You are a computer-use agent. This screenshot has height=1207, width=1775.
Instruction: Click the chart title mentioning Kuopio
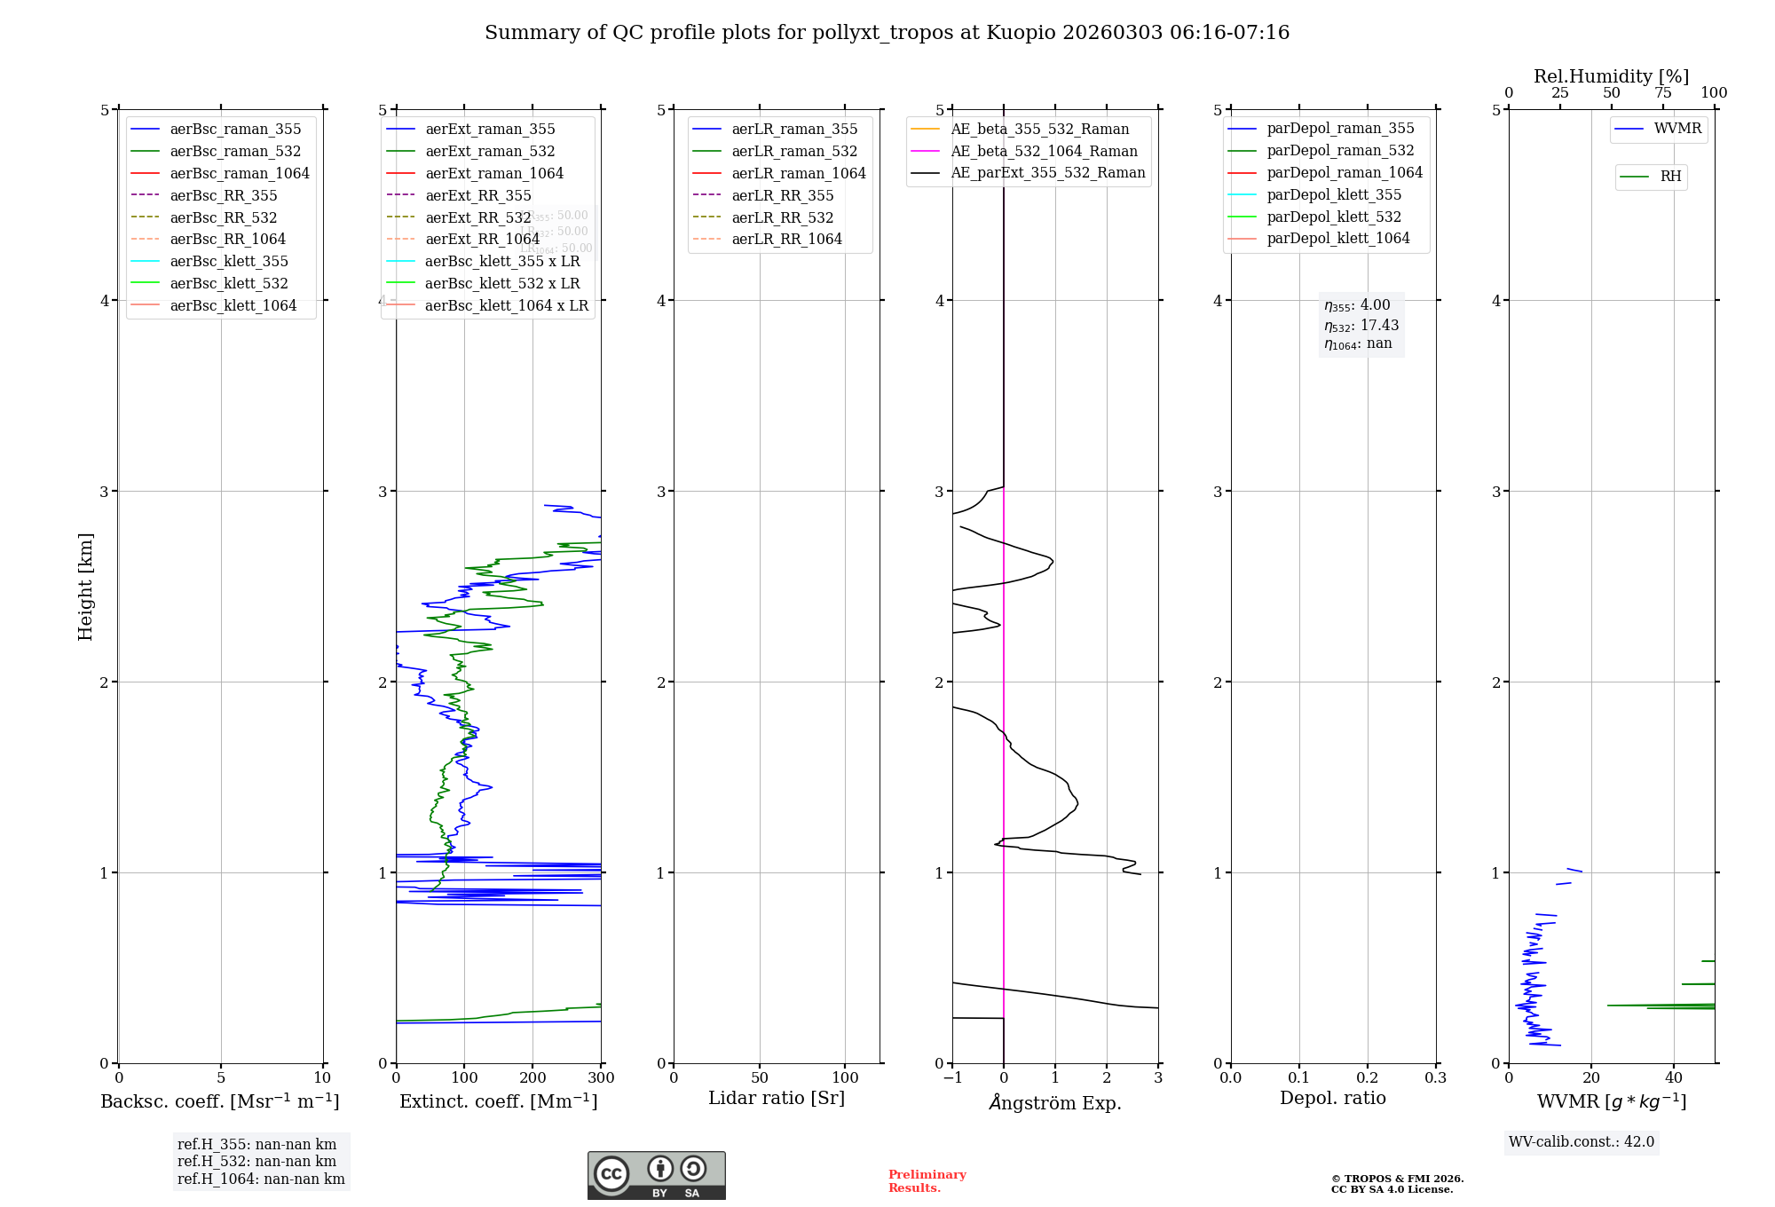[x=887, y=33]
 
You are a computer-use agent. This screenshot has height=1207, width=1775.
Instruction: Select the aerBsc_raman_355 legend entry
[x=235, y=130]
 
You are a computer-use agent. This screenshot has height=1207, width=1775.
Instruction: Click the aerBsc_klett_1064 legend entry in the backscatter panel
[x=233, y=306]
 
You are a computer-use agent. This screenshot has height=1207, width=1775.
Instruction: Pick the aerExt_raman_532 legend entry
[x=490, y=152]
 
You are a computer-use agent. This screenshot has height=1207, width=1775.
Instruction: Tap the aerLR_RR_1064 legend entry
[x=786, y=240]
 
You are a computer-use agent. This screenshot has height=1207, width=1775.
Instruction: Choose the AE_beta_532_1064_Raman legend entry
[x=1044, y=152]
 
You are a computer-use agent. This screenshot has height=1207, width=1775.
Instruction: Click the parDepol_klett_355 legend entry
[x=1334, y=195]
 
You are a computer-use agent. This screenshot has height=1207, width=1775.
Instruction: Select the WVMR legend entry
[x=1677, y=129]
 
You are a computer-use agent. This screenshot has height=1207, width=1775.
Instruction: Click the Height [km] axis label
[x=85, y=587]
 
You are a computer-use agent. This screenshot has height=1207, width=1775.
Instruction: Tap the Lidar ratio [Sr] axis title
[x=777, y=1099]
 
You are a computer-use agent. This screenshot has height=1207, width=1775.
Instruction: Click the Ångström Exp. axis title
[x=1055, y=1103]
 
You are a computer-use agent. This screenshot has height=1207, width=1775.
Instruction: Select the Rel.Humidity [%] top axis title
[x=1611, y=76]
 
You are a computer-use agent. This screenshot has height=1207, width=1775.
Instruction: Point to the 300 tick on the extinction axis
[x=601, y=1078]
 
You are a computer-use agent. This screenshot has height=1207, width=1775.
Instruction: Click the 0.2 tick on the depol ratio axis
[x=1368, y=1078]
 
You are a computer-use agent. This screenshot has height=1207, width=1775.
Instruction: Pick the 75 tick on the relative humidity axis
[x=1663, y=93]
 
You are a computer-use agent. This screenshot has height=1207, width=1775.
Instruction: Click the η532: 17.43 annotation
[x=1361, y=326]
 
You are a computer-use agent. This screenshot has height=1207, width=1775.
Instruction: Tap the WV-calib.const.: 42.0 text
[x=1582, y=1142]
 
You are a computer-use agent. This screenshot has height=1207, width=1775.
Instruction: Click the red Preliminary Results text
[x=927, y=1181]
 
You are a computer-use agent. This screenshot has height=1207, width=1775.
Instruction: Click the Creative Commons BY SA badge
[x=656, y=1176]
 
